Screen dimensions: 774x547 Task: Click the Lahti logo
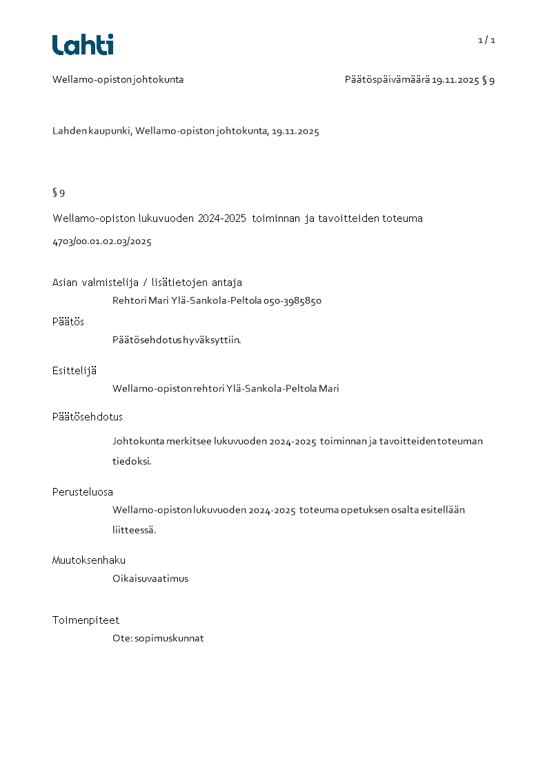[x=83, y=45]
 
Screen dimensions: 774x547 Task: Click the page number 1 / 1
[x=486, y=40]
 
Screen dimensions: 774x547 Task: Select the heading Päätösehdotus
[x=88, y=417]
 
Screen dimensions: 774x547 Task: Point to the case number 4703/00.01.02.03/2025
[x=102, y=241]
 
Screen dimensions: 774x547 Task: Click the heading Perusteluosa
[x=83, y=492]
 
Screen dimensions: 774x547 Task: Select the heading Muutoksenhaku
[x=89, y=560]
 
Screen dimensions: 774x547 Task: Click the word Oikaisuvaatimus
[x=150, y=579]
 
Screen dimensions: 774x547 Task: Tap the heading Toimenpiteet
[x=86, y=620]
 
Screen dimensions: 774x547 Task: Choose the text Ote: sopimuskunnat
[x=158, y=638]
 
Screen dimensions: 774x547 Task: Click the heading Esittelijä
[x=74, y=371]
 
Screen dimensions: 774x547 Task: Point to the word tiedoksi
[x=132, y=461]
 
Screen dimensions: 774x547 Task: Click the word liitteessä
[x=135, y=530]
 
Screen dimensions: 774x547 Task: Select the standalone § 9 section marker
[x=59, y=192]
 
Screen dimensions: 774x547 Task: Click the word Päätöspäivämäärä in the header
[x=387, y=80]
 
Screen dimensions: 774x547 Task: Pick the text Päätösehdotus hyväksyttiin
[x=177, y=340]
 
